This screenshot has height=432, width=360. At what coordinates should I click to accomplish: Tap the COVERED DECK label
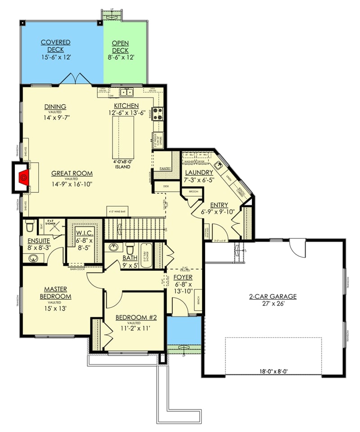(x=55, y=46)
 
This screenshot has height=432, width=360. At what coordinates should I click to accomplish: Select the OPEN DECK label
(x=120, y=46)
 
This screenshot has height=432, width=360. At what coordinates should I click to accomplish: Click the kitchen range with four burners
(x=157, y=112)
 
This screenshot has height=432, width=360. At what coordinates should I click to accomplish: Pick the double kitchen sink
(x=126, y=93)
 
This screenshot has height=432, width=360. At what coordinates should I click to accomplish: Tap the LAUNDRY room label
(x=198, y=173)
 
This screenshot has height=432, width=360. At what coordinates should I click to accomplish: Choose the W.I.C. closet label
(x=84, y=233)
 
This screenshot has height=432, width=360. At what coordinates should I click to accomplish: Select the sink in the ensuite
(x=32, y=258)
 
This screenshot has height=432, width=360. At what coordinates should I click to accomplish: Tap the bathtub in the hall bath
(x=147, y=255)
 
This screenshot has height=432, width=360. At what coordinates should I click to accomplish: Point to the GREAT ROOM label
(x=72, y=173)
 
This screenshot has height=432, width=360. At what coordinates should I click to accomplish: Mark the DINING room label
(x=55, y=107)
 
